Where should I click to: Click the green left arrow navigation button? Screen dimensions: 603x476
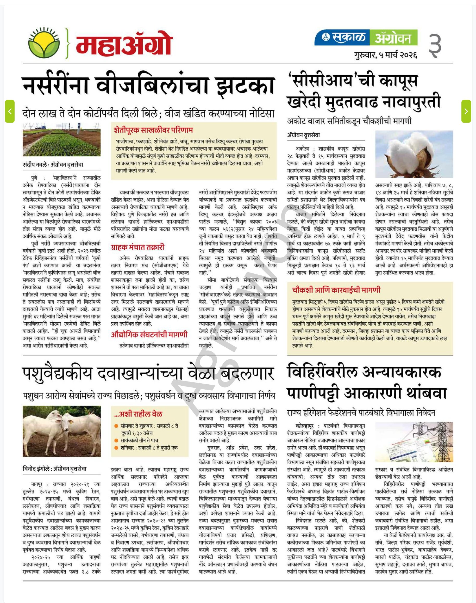point(10,111)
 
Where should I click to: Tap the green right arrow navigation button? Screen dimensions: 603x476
point(466,111)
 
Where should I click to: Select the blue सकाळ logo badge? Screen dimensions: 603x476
point(342,37)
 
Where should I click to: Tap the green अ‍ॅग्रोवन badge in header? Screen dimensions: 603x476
point(393,37)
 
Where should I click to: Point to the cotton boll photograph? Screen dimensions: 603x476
point(414,154)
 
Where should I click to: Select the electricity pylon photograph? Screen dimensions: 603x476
point(414,442)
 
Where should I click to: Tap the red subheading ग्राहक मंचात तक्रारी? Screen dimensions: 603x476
point(137,247)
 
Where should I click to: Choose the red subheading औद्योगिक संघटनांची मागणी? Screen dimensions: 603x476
point(149,334)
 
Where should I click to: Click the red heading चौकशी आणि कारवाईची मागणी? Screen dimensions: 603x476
point(336,290)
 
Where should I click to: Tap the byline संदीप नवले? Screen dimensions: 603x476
point(35,165)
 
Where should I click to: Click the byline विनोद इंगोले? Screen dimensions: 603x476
point(35,469)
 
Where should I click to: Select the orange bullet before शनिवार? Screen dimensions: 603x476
point(116,448)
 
